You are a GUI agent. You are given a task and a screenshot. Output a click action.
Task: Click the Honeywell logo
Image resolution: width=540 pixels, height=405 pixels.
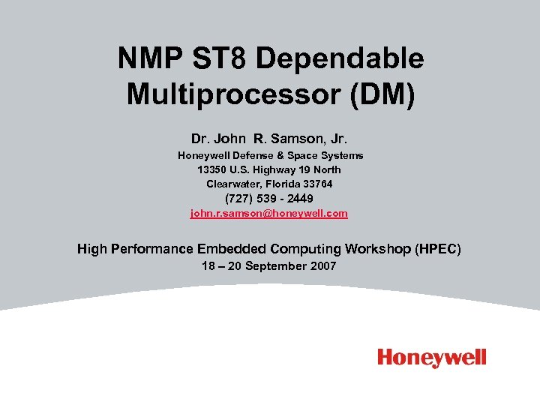coord(432,358)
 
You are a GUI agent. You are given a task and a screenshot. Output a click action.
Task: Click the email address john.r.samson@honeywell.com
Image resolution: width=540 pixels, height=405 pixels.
coord(269,214)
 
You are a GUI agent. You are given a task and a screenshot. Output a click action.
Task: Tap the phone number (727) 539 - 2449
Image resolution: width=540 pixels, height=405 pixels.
coord(269,199)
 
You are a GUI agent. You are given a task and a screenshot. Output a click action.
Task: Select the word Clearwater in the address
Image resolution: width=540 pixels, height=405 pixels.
coord(232,184)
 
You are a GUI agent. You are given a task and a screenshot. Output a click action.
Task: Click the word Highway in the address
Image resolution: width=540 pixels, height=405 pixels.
coord(277,169)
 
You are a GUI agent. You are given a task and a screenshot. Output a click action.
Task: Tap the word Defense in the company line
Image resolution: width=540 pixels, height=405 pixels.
coord(258,155)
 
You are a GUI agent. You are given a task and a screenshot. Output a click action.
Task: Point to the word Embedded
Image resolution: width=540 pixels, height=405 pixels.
coord(232,249)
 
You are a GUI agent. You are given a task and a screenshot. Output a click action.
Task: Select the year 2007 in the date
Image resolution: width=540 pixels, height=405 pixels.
coord(323,266)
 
